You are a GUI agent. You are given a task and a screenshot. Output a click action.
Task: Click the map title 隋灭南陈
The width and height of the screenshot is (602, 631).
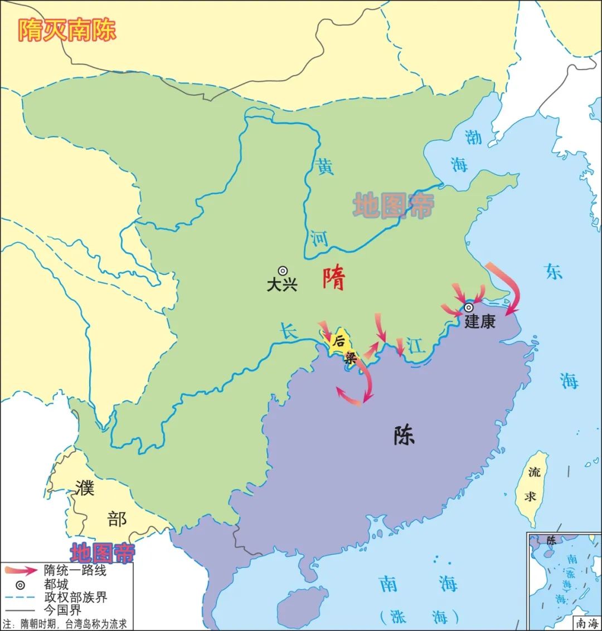point(67,30)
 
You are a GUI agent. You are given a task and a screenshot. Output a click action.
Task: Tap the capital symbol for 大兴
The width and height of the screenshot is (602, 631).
point(283,271)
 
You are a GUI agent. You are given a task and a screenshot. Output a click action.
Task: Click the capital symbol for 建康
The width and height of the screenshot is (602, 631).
point(469,307)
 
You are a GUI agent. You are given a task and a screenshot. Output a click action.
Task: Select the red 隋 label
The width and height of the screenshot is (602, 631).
point(334,278)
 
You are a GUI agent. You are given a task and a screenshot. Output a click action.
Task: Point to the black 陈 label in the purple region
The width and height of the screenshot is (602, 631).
point(404,436)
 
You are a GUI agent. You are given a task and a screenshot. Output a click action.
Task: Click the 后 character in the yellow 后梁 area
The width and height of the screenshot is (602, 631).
point(338,342)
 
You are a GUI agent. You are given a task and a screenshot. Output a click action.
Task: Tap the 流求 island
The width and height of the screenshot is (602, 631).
point(532,485)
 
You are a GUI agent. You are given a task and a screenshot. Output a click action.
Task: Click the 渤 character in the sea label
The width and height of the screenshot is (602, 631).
point(473,136)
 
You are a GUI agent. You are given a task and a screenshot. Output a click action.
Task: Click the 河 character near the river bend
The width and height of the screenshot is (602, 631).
point(319,238)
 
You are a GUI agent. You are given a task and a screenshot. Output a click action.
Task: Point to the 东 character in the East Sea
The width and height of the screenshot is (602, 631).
point(554,271)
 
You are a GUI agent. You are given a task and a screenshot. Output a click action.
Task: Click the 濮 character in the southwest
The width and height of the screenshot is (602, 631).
point(85,488)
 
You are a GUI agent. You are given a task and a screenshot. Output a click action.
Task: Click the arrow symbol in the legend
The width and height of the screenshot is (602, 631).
point(20,570)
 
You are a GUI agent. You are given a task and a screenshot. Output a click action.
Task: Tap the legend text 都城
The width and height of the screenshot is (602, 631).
point(56,584)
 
